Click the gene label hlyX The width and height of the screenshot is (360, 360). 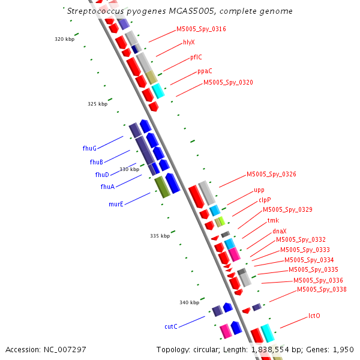point(189,43)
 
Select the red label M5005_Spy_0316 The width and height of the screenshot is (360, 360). point(201,29)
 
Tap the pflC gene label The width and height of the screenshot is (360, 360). point(196,58)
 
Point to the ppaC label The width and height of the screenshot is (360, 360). point(205,71)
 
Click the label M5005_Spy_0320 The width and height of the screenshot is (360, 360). point(228,83)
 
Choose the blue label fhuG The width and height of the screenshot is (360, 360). point(89,148)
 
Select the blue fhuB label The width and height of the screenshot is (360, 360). point(97,162)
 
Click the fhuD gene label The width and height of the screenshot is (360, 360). point(102,175)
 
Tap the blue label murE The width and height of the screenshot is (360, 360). point(116,204)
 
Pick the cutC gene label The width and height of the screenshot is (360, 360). point(171,326)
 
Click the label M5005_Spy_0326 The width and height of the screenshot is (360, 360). point(271,175)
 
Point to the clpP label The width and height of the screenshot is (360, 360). point(265,200)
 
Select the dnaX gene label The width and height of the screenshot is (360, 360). point(279,231)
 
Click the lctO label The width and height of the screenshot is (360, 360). point(314,316)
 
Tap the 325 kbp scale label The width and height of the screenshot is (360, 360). point(97,104)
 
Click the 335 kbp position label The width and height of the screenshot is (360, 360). point(160,236)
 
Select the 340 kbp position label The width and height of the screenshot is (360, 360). point(189,302)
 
